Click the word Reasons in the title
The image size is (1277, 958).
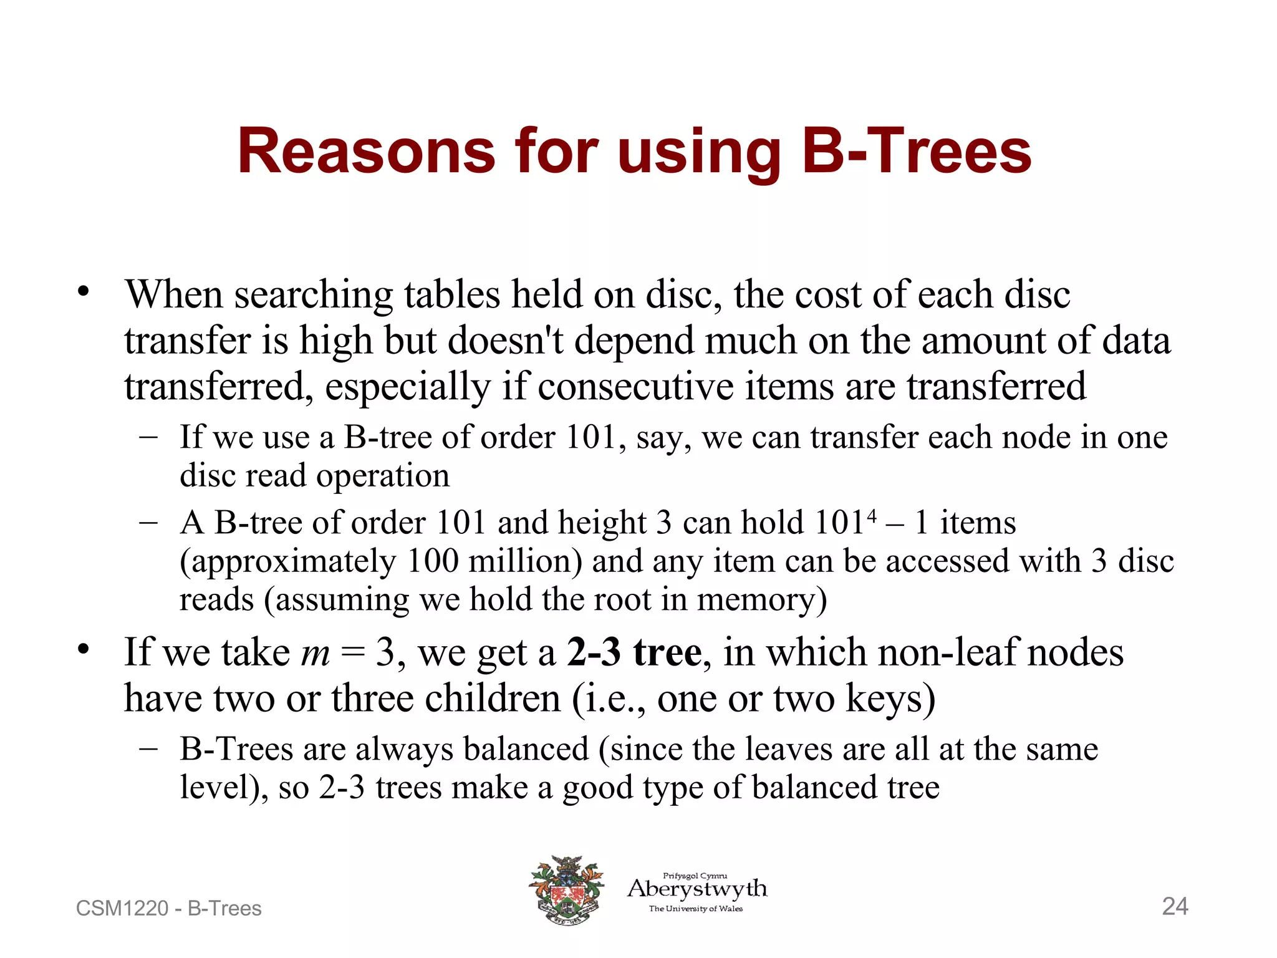tap(366, 152)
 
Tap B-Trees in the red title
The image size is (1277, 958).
tap(916, 152)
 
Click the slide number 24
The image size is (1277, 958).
tap(1175, 906)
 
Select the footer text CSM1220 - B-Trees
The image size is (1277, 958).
tap(168, 908)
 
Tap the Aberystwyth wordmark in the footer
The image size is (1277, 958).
tap(697, 888)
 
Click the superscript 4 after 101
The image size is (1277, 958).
tap(871, 516)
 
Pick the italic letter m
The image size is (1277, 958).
tap(315, 652)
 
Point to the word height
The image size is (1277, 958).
tap(602, 523)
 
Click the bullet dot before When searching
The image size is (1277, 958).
tap(84, 291)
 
